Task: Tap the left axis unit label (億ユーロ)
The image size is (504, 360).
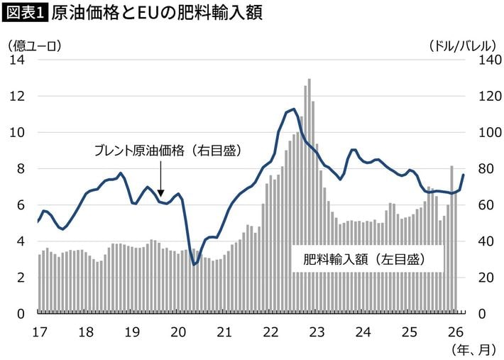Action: pos(35,45)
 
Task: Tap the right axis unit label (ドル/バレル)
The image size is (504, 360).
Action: pos(461,45)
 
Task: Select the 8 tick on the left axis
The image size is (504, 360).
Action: pos(21,169)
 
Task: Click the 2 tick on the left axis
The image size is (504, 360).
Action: pos(21,278)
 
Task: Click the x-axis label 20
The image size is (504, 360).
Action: pos(178,331)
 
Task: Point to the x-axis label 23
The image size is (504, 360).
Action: pos(317,331)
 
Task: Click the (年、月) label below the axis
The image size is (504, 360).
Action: pos(471,349)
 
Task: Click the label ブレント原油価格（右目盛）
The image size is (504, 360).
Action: pos(168,151)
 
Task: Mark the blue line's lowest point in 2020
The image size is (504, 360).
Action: pos(195,264)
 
